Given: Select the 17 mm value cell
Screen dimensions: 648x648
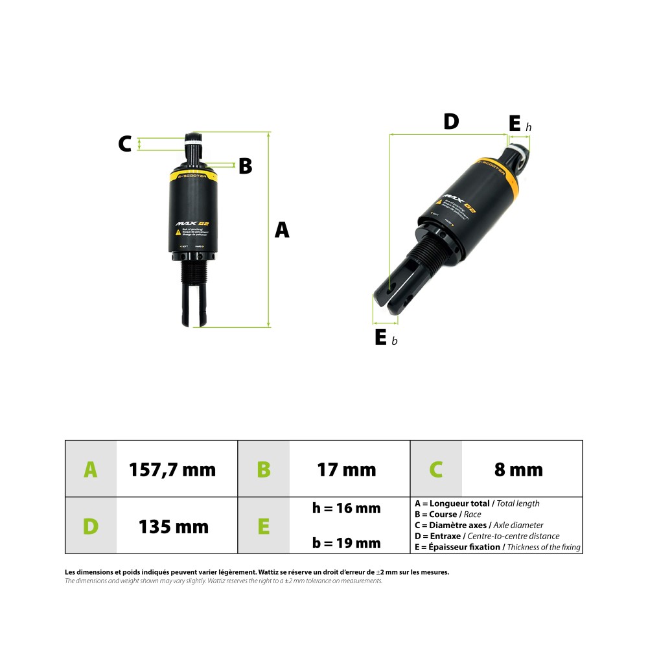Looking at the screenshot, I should (346, 469).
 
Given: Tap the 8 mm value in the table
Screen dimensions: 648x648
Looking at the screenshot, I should (518, 469).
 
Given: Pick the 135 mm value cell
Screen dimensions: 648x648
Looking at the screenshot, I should (174, 526).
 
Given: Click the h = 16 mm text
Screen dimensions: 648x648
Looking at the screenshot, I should (346, 508).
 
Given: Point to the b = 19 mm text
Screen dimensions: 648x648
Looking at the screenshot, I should (346, 543).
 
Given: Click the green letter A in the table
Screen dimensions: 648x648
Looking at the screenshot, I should (91, 469).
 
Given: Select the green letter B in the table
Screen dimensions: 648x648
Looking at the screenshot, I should (264, 469).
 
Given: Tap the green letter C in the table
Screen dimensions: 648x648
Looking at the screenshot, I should (436, 469).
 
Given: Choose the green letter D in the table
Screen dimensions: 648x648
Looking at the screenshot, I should (91, 526).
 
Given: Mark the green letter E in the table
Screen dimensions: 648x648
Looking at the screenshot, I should (264, 526).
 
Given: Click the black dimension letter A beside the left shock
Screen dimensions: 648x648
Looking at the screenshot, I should (282, 229).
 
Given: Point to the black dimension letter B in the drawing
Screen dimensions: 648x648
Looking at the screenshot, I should (245, 166).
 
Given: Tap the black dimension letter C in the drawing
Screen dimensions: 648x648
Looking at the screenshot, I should (125, 143).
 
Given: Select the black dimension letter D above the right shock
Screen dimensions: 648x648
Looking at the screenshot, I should (451, 121).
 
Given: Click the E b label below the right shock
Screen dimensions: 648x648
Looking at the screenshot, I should (384, 338).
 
